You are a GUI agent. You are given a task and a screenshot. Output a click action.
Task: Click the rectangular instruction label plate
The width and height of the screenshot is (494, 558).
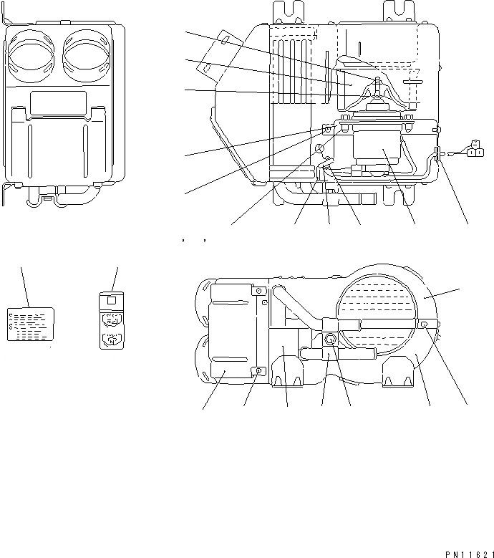31,324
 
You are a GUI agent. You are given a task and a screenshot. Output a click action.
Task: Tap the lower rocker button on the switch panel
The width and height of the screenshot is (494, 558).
111,340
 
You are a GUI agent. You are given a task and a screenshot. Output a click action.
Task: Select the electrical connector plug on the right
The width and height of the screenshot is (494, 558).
473,150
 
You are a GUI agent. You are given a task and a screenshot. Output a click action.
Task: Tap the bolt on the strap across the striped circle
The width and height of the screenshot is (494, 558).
425,324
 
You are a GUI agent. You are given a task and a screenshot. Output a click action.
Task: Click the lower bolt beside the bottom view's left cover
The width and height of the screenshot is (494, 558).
260,370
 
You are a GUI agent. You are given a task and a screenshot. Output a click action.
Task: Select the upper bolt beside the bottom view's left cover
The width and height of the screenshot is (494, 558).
260,292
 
